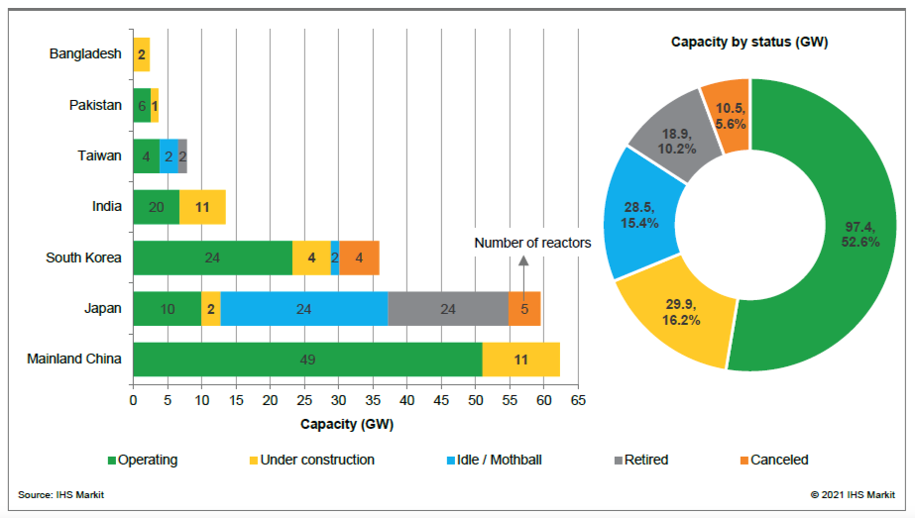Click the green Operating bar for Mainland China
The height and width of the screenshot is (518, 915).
(x=307, y=359)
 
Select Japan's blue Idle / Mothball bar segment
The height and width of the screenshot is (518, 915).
(x=303, y=308)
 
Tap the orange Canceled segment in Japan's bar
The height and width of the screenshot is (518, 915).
(x=524, y=308)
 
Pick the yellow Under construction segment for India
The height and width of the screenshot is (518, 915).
(x=202, y=206)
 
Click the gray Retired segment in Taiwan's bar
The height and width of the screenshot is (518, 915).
(x=182, y=155)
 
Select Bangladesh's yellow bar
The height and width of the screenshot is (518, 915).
(x=142, y=54)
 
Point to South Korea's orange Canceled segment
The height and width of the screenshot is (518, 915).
(x=359, y=258)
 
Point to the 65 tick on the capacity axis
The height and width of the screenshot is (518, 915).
(x=578, y=400)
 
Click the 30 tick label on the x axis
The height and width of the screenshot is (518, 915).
(x=338, y=400)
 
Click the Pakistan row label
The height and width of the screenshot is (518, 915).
(x=95, y=105)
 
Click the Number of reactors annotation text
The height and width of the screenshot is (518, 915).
(x=532, y=243)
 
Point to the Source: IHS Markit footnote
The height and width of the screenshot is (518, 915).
(x=61, y=494)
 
